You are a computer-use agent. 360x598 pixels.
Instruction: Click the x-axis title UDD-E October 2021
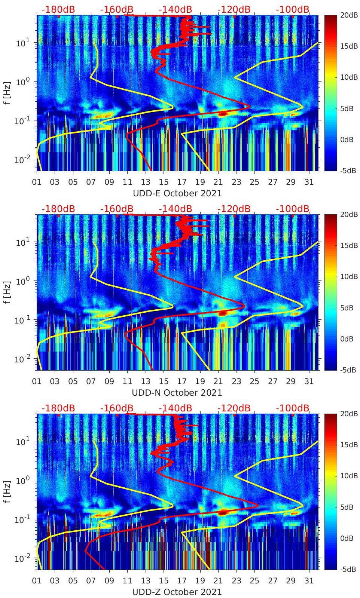click(177, 193)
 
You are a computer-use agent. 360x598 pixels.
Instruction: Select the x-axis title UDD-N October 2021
click(177, 393)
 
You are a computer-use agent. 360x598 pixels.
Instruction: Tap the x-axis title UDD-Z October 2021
click(177, 592)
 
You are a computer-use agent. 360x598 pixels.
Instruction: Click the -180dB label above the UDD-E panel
click(58, 9)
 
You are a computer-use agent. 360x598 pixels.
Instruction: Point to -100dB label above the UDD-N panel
click(293, 209)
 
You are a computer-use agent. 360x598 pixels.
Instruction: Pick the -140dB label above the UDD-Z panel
click(175, 408)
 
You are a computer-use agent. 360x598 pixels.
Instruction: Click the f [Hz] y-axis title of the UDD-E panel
click(7, 93)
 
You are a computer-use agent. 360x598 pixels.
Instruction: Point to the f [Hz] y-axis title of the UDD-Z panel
click(7, 491)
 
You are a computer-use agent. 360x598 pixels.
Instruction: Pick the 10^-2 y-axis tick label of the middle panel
click(21, 359)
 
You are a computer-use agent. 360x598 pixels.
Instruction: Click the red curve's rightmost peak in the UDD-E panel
click(250, 107)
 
